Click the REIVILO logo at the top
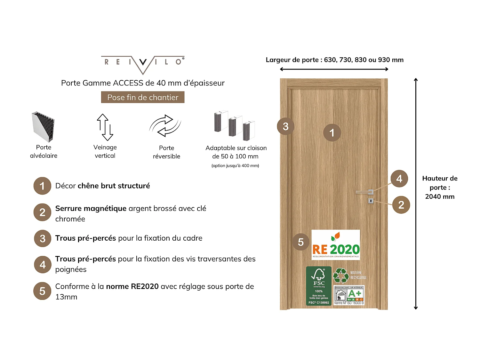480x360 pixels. click(143, 64)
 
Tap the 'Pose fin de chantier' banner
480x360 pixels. click(143, 97)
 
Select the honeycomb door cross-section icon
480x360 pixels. click(44, 127)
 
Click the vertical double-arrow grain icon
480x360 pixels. click(105, 127)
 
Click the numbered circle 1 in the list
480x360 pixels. click(42, 186)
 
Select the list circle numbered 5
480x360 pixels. click(42, 291)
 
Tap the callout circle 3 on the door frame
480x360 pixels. click(285, 126)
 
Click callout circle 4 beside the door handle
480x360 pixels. click(399, 179)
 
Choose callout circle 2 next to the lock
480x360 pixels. click(401, 205)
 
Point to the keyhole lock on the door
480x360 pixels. click(371, 201)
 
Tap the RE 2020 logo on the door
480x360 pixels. click(336, 245)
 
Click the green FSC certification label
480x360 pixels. click(319, 286)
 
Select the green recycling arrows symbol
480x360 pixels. click(341, 275)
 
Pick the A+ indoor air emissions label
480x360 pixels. click(349, 295)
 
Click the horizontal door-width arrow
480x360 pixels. click(334, 69)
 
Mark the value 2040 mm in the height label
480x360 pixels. click(440, 196)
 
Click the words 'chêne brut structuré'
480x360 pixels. click(114, 186)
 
